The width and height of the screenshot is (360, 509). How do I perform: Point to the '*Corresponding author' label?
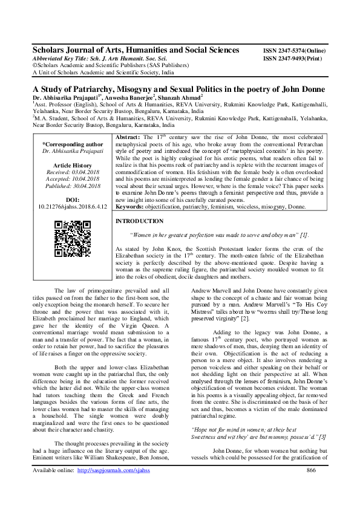[x=73, y=144]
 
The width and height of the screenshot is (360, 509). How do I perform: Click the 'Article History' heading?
[x=73, y=165]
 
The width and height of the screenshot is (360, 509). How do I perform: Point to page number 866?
[x=312, y=487]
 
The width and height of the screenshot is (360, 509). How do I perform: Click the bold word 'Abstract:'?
[x=127, y=138]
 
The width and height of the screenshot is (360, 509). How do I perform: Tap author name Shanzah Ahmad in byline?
[x=181, y=96]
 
